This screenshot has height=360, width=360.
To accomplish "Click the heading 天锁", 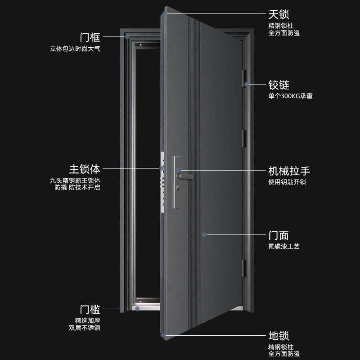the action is pos(279,15).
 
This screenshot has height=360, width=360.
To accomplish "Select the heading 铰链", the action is pos(279,85).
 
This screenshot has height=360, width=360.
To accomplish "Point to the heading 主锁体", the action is pos(84,169).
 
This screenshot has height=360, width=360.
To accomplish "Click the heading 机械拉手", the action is pos(289,171).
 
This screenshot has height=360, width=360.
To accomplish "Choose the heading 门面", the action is pos(279,235).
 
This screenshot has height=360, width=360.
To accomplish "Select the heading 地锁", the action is pos(279,336).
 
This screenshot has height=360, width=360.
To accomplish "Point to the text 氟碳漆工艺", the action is pos(283,246).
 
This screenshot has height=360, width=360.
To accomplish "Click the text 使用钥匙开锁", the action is pos(287,182).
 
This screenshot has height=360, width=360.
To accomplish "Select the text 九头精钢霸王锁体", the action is pos(75,180).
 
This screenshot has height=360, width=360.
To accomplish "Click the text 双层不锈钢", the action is pos(85,328).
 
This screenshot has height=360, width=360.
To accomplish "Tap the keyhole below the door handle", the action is pos(178,187).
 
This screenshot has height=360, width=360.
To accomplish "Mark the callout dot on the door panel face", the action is pos(204,234).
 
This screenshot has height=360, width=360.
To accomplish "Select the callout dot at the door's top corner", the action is pos(165,14).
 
